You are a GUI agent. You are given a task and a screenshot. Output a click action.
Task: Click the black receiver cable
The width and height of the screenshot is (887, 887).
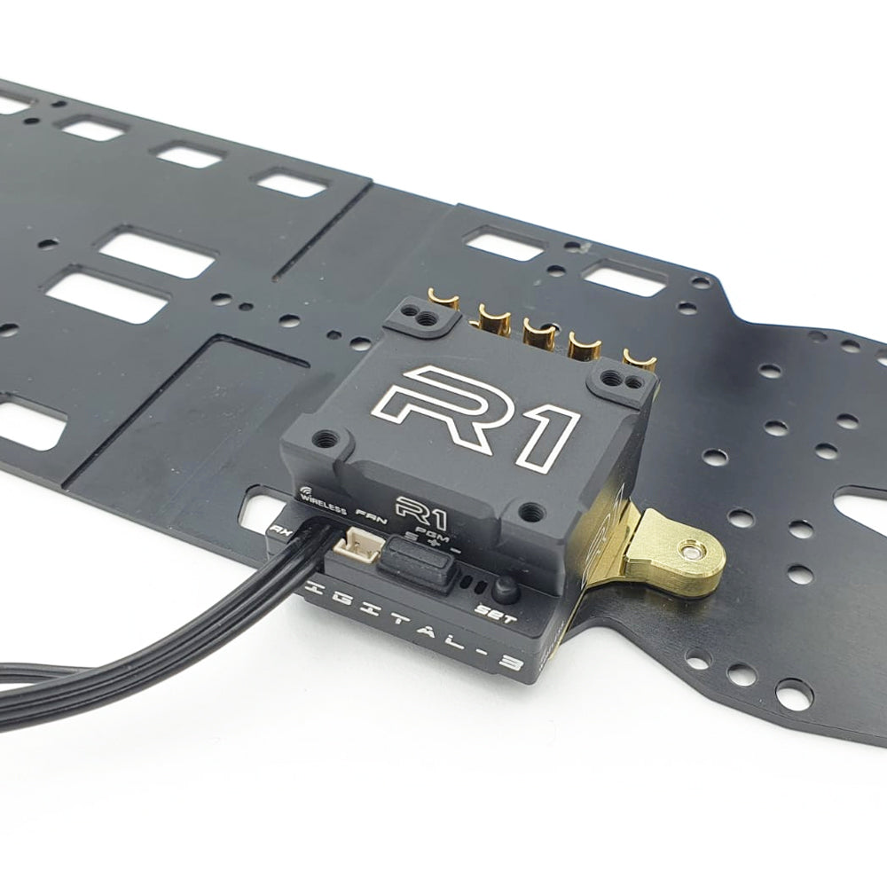tap(177, 639)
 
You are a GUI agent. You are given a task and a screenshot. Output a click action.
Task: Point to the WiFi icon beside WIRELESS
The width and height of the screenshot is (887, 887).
tap(305, 489)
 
